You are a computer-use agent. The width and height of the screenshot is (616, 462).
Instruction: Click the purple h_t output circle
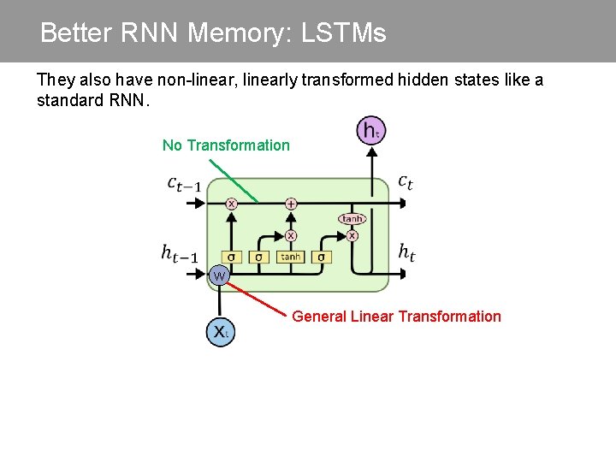tap(370, 131)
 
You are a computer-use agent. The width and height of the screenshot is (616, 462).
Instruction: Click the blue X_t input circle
tap(219, 331)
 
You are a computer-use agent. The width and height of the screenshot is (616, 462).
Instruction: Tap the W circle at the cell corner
tap(219, 275)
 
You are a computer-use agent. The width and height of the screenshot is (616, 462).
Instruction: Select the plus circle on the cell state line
tap(291, 204)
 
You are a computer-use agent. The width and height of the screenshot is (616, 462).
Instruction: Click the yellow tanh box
tap(291, 257)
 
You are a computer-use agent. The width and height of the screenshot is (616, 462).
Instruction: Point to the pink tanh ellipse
tap(352, 219)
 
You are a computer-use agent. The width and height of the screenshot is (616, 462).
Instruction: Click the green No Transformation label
tap(226, 145)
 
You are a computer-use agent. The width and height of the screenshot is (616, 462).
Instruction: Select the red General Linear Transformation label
tap(396, 317)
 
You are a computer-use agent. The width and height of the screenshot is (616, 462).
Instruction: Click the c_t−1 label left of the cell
tap(185, 183)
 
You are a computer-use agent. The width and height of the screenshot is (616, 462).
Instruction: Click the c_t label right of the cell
tap(406, 181)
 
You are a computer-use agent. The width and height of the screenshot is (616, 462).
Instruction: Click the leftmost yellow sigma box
tap(231, 257)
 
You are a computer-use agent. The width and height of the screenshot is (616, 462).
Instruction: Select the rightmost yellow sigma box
tap(322, 257)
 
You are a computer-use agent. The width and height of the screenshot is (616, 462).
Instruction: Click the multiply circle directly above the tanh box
tap(291, 234)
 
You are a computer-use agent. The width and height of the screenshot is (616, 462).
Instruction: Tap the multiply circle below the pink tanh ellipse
tap(352, 234)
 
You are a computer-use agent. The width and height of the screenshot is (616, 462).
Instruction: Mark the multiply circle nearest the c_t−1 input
tap(231, 204)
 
